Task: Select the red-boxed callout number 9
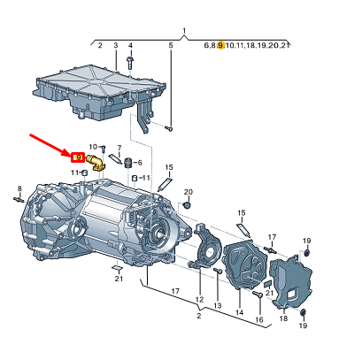[x=79, y=157]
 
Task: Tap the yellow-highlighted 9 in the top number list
[x=220, y=44]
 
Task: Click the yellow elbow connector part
[x=94, y=161]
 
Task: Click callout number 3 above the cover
[x=115, y=44]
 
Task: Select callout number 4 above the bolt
[x=130, y=44]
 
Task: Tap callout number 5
[x=171, y=44]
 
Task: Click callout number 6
[x=140, y=164]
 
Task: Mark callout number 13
[x=217, y=305]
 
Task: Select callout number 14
[x=239, y=312]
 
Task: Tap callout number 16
[x=259, y=319]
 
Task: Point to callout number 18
[x=283, y=319]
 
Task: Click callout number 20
[x=188, y=192]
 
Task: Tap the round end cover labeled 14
[x=240, y=265]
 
